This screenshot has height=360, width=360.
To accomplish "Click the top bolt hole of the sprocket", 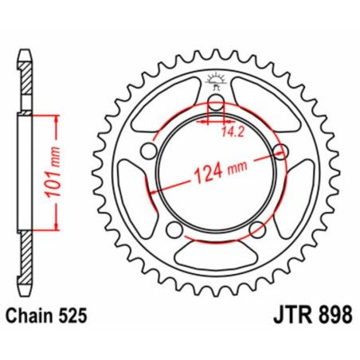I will (215, 106).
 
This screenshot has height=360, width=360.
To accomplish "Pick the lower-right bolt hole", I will (255, 229).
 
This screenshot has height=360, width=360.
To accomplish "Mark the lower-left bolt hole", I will (174, 228).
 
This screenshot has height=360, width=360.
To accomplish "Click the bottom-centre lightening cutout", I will (215, 254).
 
